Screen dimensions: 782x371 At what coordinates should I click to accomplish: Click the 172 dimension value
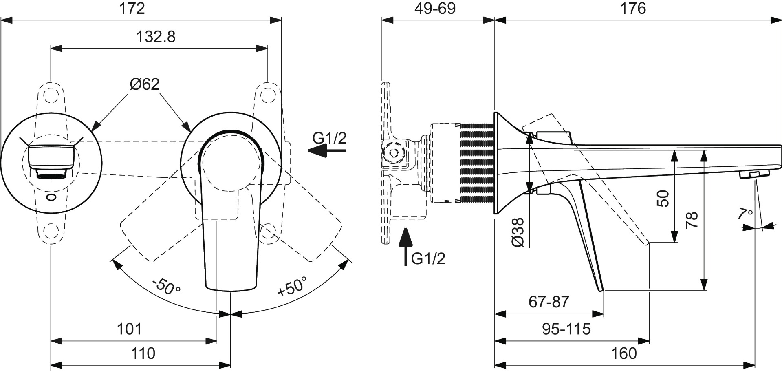click(x=132, y=9)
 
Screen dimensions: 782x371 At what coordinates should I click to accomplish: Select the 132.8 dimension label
click(x=155, y=37)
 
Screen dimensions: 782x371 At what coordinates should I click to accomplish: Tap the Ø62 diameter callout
click(x=145, y=84)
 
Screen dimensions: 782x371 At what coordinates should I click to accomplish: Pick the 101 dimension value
click(x=129, y=329)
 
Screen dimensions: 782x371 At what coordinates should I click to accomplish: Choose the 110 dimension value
click(x=143, y=353)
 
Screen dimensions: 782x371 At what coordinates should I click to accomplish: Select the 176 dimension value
click(x=633, y=9)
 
